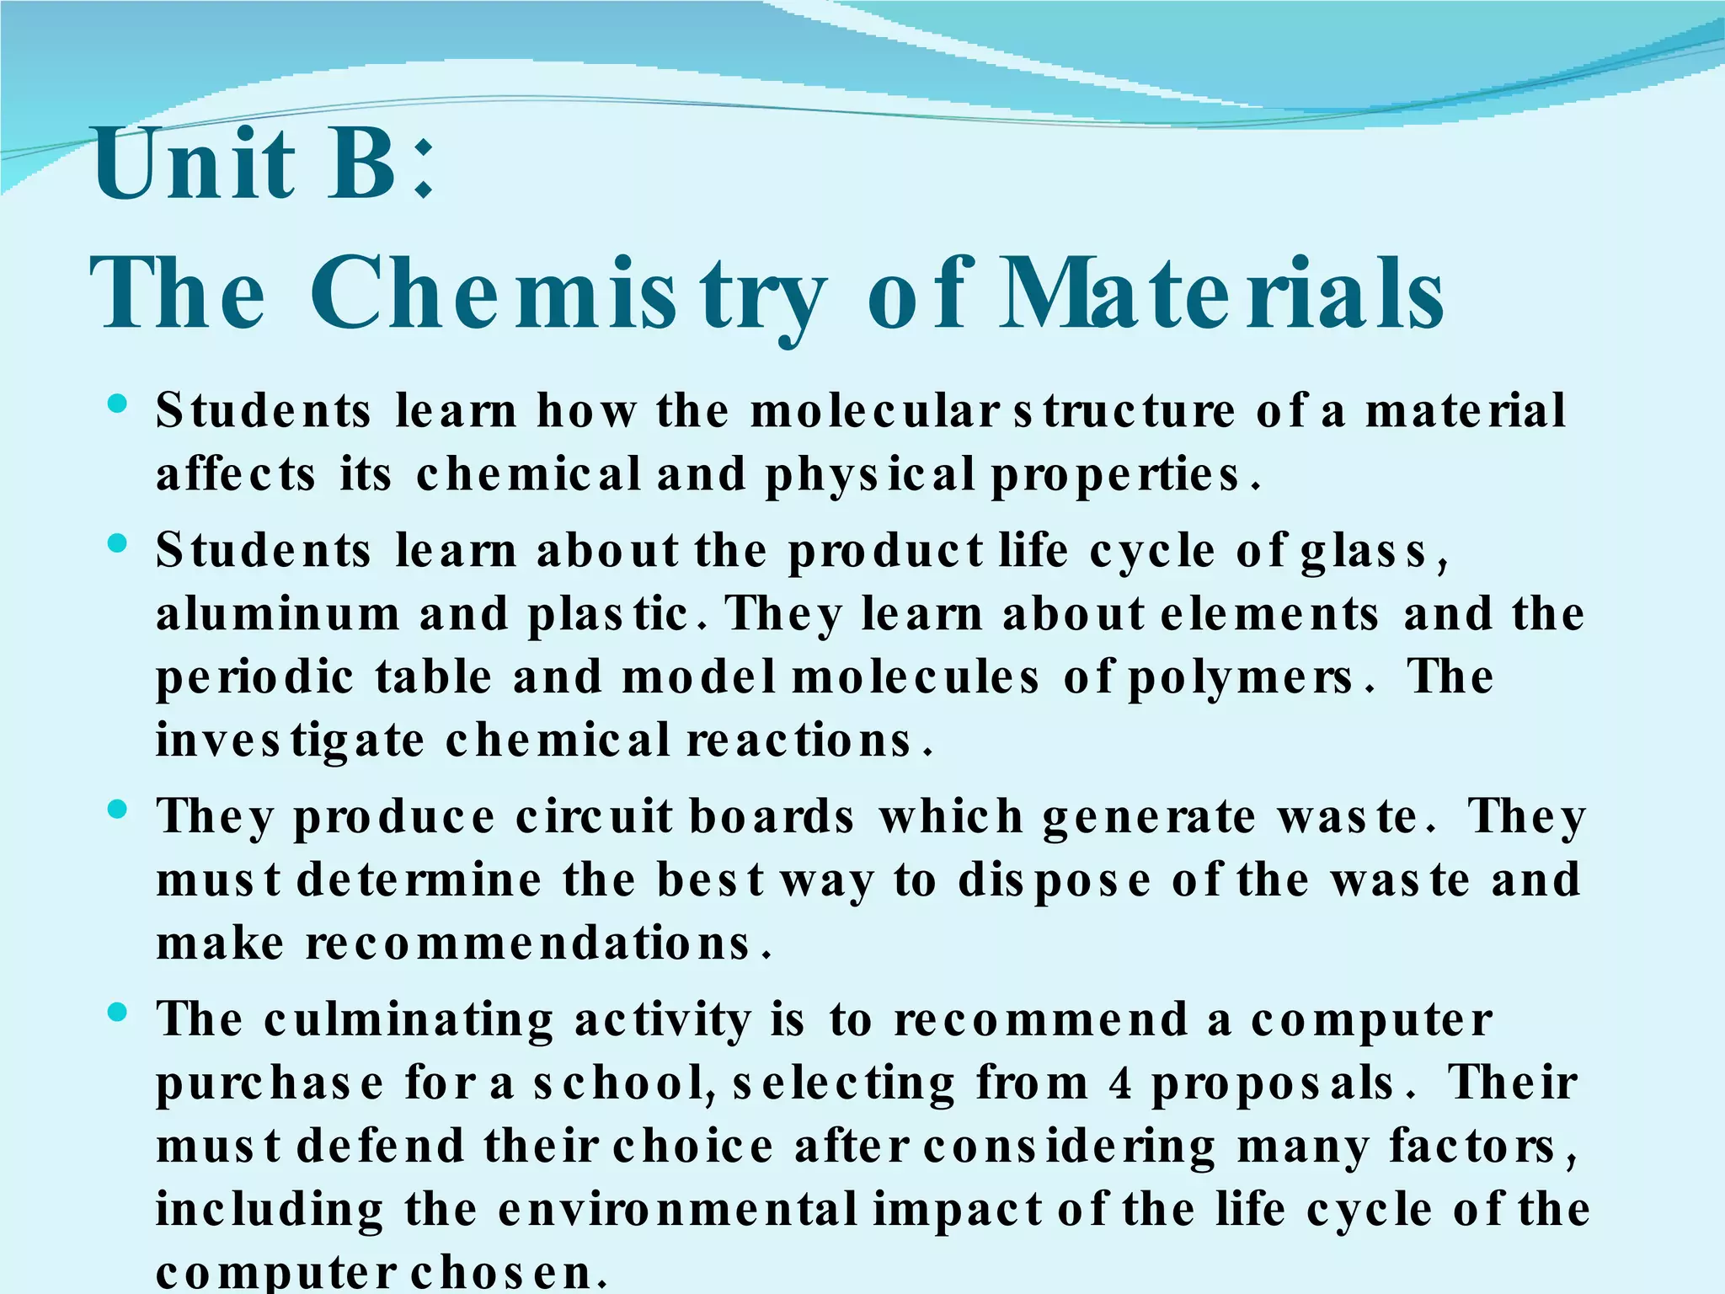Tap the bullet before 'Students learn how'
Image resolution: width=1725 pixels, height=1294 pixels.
[118, 404]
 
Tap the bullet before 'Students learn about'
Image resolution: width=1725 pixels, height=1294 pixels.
[118, 543]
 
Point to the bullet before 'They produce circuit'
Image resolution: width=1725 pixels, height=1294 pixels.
[118, 810]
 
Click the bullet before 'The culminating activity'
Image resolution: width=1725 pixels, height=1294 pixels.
[118, 1012]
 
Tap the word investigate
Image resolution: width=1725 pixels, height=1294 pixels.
[291, 741]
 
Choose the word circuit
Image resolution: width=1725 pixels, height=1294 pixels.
[594, 816]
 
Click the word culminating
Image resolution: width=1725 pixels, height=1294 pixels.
[409, 1021]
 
